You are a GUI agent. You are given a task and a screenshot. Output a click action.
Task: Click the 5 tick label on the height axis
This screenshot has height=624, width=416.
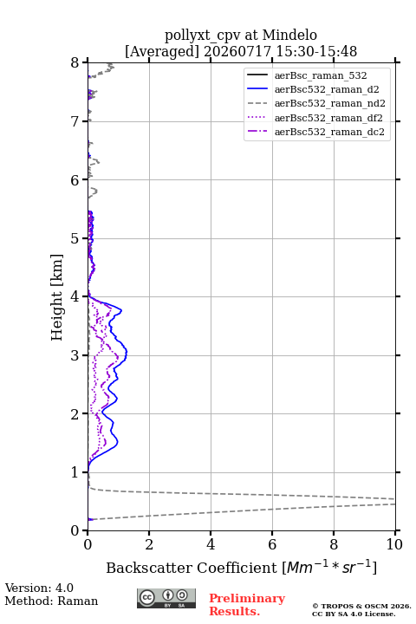pos(75,239)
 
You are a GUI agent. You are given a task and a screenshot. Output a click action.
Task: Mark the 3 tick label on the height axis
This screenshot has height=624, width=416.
pos(75,355)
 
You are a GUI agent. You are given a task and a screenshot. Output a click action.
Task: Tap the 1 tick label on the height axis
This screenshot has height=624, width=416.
pos(75,472)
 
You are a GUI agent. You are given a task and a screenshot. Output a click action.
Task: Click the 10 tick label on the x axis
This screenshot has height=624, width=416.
pos(394,544)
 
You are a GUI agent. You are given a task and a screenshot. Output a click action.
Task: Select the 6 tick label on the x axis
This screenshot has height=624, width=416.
pos(272,544)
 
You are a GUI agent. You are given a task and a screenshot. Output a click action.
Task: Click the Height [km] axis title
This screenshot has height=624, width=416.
pos(57,297)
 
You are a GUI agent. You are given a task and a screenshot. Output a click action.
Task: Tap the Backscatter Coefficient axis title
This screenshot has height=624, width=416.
pos(241,568)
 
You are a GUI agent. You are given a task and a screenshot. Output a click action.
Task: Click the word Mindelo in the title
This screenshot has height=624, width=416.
pos(289,36)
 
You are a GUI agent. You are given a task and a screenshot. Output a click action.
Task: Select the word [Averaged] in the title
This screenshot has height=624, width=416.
pos(162,52)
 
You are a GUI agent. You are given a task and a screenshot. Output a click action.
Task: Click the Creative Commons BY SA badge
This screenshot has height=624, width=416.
pos(166,599)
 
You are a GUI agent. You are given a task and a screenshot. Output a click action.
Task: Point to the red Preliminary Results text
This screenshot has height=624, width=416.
pos(247,605)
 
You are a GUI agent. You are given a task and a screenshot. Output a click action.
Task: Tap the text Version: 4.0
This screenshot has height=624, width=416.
pos(39,588)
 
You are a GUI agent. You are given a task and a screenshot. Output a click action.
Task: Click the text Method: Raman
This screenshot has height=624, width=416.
pos(51,601)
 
